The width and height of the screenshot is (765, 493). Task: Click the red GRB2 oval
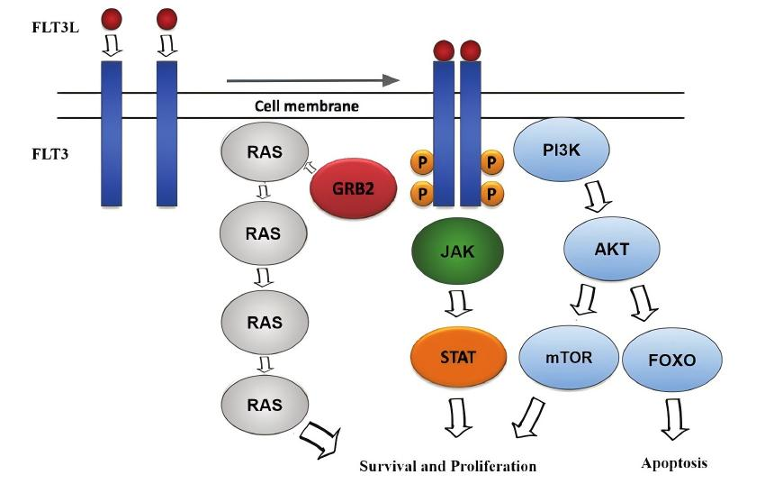point(353,188)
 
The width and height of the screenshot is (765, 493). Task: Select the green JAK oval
point(457,251)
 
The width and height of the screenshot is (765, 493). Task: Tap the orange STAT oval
point(458,357)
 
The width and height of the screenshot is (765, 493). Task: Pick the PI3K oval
point(562,150)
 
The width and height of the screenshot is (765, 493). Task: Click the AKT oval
point(612,249)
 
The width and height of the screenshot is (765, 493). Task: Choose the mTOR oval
point(569,357)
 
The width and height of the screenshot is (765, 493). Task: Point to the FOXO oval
point(672,360)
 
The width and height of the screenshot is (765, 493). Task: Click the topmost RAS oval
point(265,151)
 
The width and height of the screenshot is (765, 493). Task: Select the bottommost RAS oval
point(265,405)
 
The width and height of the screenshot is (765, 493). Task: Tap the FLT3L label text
point(55,27)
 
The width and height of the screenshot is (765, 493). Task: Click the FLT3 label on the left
point(49,154)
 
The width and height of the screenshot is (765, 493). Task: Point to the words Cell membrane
point(307,106)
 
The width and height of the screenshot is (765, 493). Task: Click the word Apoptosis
point(674,463)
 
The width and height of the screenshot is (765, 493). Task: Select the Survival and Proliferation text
point(448,466)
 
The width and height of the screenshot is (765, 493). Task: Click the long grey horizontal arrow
point(313,80)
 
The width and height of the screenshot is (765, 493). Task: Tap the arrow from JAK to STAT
point(459,304)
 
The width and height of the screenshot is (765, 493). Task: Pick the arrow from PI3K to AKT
point(598,196)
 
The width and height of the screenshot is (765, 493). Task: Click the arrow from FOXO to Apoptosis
point(675,419)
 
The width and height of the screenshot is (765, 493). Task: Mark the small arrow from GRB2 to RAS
point(310,168)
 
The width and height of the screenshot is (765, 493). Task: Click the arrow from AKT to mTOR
point(584,299)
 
